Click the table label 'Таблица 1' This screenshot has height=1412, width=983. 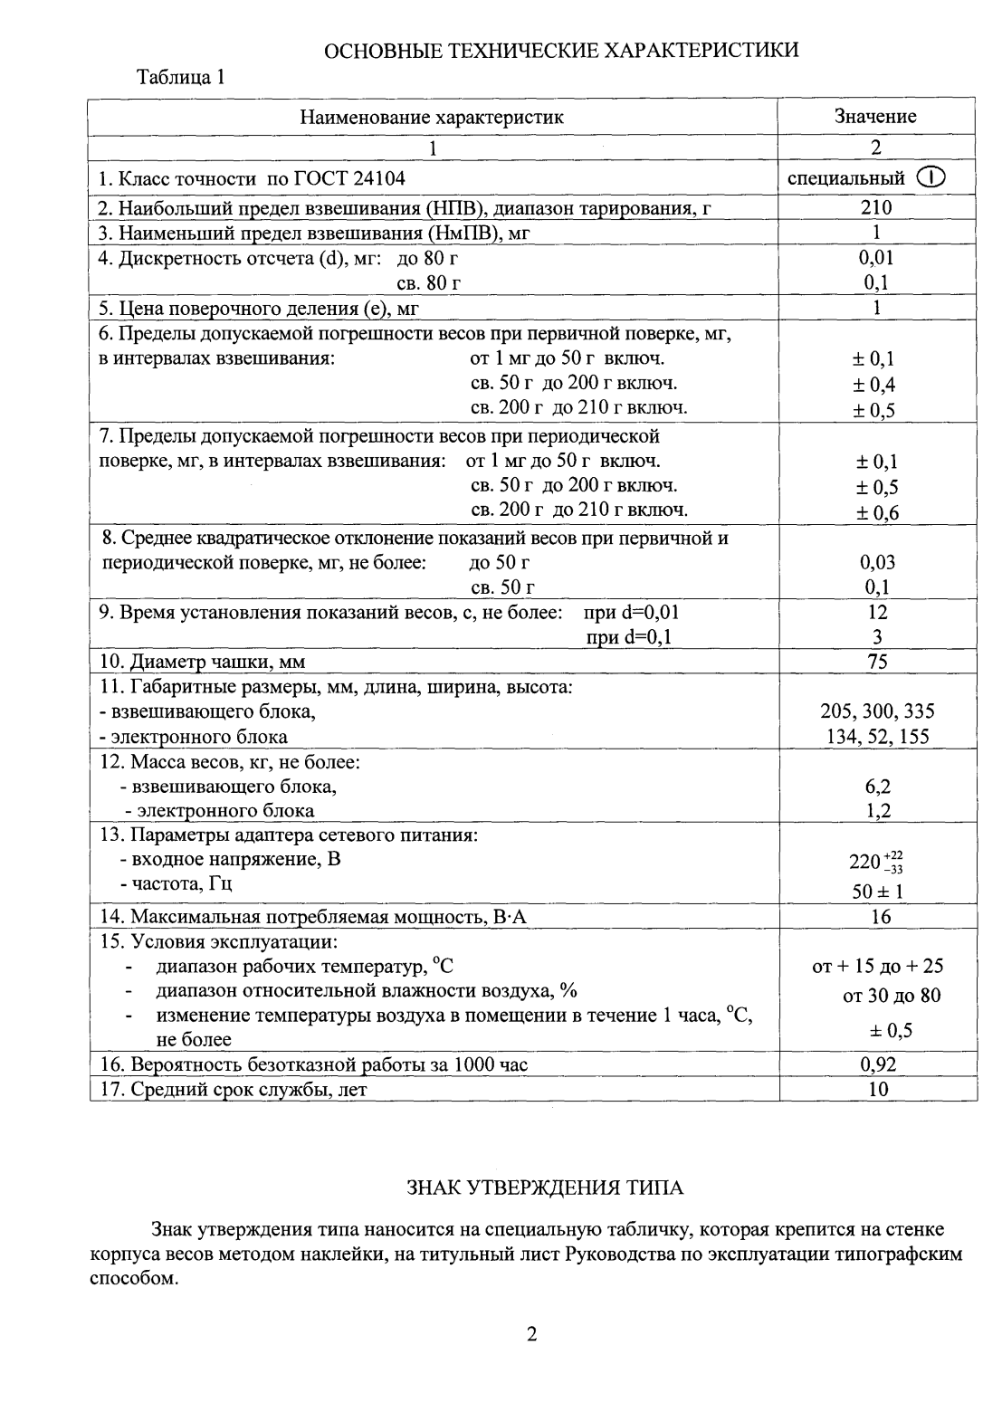click(x=180, y=77)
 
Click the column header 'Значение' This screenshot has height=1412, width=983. click(x=875, y=116)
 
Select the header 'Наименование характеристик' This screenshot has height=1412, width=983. click(x=432, y=117)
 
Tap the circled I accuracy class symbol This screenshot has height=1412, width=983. click(x=931, y=177)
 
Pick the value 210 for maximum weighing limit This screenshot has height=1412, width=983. click(x=876, y=207)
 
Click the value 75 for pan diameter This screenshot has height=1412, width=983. click(x=876, y=662)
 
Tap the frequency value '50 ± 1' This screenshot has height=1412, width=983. click(x=877, y=892)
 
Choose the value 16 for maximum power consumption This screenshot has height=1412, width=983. click(x=879, y=917)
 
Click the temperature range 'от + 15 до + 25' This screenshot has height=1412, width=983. click(x=878, y=967)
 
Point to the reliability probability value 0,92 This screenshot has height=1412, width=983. click(x=877, y=1064)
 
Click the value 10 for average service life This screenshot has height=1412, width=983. click(x=878, y=1089)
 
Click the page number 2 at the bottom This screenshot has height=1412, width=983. click(x=532, y=1333)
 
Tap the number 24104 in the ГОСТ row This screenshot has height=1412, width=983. click(x=375, y=178)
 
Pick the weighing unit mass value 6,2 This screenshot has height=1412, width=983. click(x=877, y=787)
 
